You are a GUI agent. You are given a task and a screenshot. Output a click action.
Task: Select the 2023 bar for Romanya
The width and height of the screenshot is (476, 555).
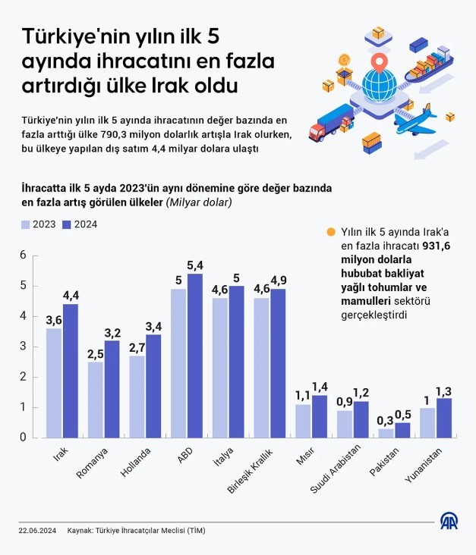[96, 399]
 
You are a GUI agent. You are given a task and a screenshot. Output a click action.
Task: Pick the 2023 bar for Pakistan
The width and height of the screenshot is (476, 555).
[386, 433]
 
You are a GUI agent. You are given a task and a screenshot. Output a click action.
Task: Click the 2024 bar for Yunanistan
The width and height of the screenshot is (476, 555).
[444, 418]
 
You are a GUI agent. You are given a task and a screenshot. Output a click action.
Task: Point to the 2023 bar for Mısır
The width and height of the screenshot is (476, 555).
[303, 421]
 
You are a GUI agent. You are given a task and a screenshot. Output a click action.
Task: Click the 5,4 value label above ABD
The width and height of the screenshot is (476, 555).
[195, 265]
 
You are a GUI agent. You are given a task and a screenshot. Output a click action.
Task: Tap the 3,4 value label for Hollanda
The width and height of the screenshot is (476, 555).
[153, 327]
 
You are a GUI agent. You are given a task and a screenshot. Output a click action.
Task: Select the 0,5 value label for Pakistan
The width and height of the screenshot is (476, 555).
[403, 415]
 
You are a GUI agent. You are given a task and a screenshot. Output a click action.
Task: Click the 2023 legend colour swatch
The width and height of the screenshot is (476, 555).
[25, 224]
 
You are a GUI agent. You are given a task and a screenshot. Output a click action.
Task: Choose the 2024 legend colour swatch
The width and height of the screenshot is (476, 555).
[66, 224]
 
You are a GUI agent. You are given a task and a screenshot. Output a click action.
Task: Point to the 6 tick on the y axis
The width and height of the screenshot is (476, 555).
[24, 256]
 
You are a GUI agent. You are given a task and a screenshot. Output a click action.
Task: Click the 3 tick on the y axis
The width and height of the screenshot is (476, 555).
[24, 346]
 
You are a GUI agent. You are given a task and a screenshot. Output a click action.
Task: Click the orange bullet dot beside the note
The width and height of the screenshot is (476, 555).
[329, 233]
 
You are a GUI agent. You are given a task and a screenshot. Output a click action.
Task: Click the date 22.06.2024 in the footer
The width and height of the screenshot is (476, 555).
[37, 531]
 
